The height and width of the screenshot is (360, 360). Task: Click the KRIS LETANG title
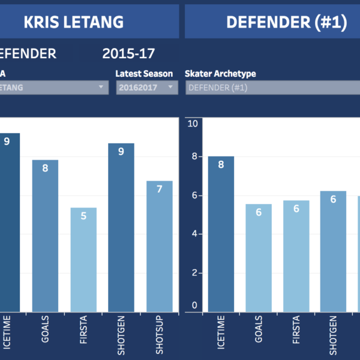click(73, 23)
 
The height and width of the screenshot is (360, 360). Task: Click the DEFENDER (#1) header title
click(286, 23)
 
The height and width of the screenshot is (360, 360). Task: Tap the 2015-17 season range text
click(128, 53)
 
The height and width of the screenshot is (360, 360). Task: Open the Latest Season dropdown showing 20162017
click(147, 88)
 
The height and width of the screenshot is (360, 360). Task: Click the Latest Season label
click(144, 74)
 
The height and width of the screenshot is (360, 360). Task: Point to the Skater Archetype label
click(221, 74)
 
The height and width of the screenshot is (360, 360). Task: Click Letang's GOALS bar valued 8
click(45, 234)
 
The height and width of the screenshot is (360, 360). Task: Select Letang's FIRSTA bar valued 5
click(83, 258)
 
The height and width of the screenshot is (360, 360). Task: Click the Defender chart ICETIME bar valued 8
click(221, 234)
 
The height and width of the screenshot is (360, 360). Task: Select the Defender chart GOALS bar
click(259, 258)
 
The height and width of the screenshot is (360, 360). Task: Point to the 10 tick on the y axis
click(193, 124)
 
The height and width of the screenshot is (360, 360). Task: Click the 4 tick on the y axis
click(193, 234)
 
